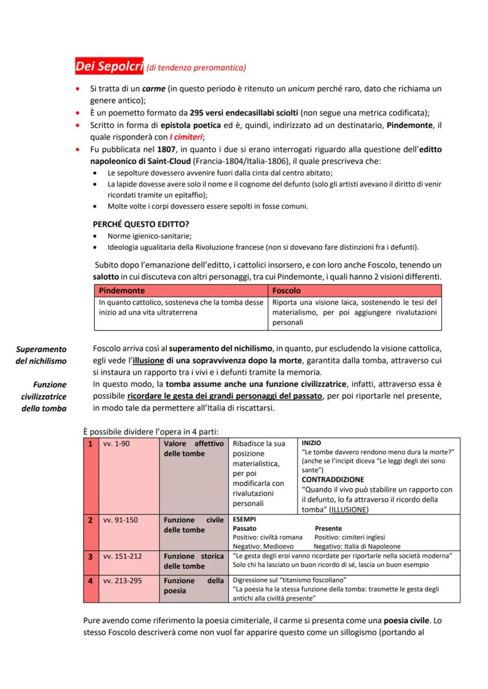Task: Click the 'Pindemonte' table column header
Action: [122, 291]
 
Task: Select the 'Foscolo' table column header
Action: [286, 291]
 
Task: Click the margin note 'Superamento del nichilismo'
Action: [41, 355]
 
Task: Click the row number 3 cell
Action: [91, 556]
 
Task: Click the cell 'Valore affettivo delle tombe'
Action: [193, 448]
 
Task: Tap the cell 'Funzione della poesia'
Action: [193, 585]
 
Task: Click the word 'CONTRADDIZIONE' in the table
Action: [333, 479]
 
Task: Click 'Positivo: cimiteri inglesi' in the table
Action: [350, 537]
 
